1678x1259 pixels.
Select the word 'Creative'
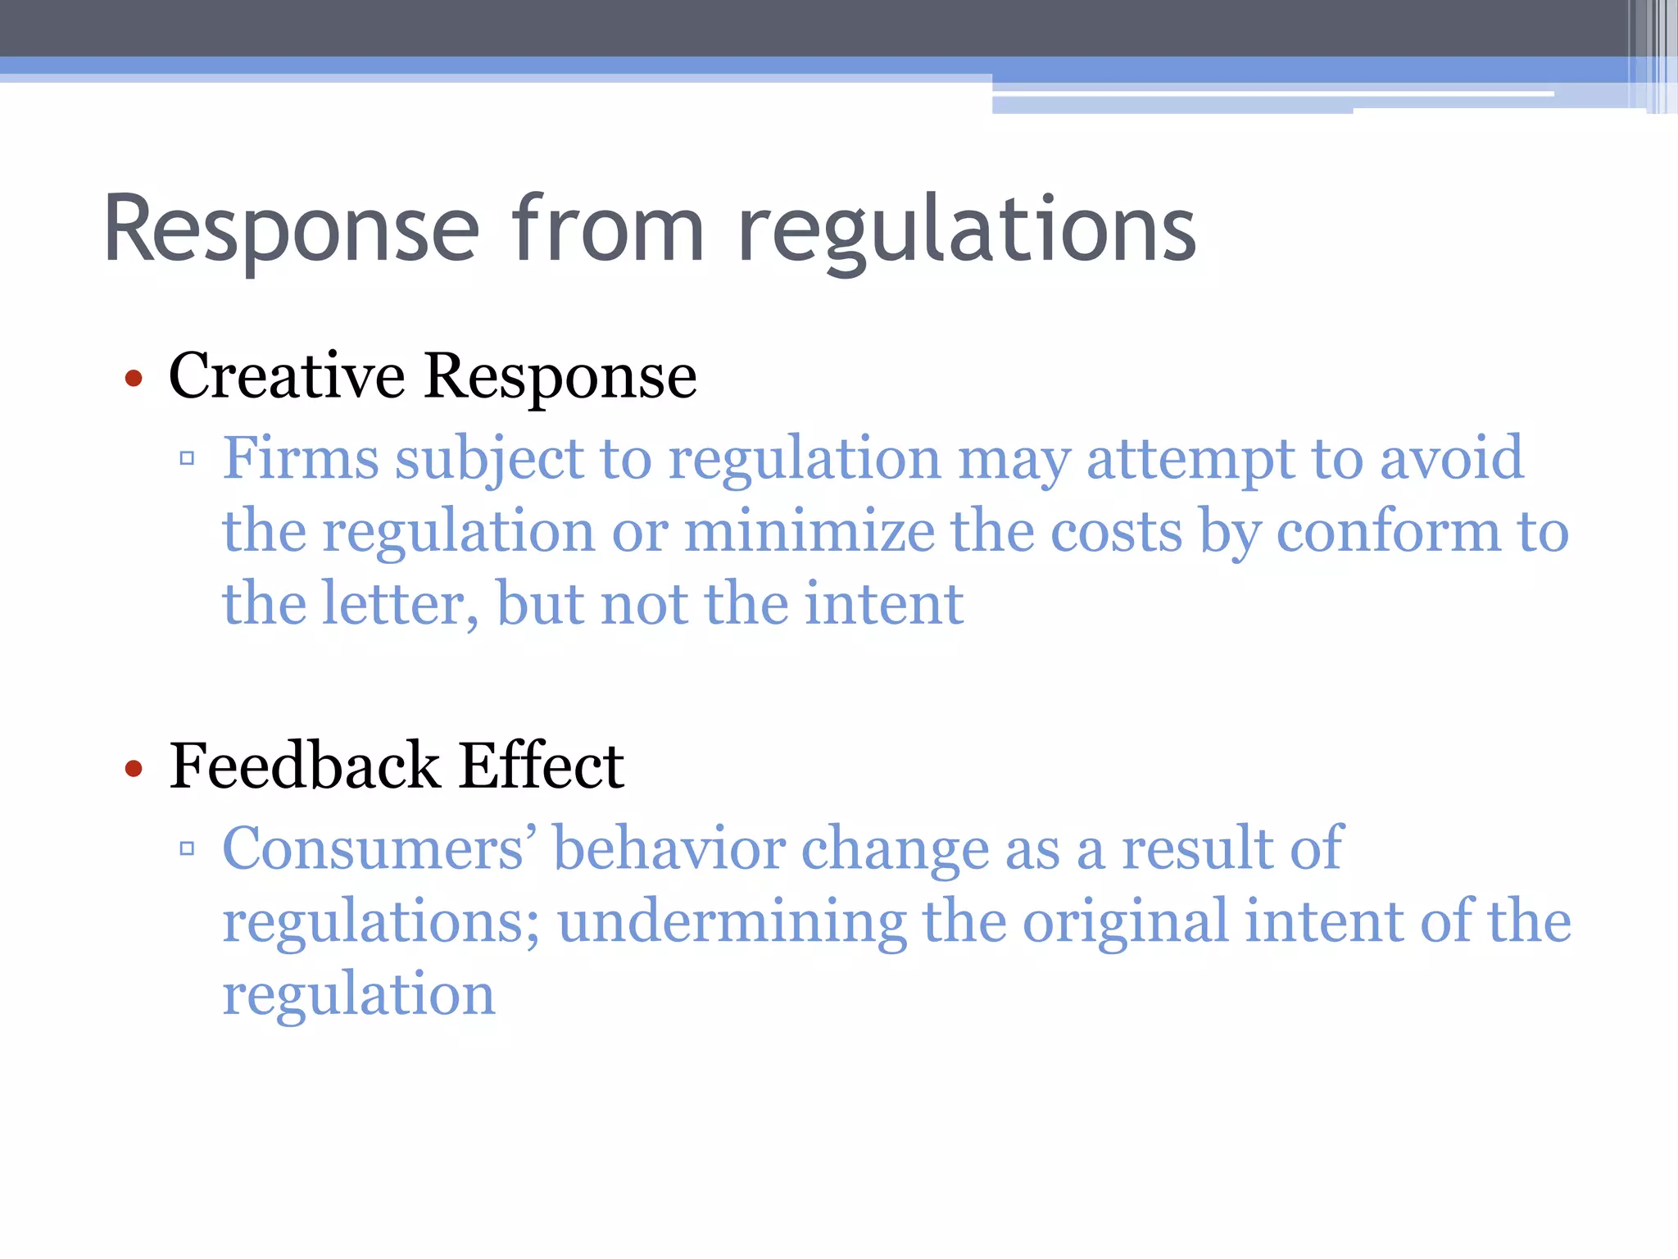[287, 375]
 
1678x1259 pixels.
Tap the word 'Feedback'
[305, 765]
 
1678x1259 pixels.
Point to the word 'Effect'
[542, 765]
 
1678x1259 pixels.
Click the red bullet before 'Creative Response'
[134, 379]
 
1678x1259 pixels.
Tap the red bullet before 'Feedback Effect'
[134, 769]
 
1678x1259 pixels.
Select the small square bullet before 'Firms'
[187, 458]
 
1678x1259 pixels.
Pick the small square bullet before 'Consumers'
[187, 848]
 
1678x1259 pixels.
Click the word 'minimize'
[809, 531]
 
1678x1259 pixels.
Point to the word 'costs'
[1116, 531]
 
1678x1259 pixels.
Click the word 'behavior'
[669, 848]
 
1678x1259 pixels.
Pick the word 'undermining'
[732, 921]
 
